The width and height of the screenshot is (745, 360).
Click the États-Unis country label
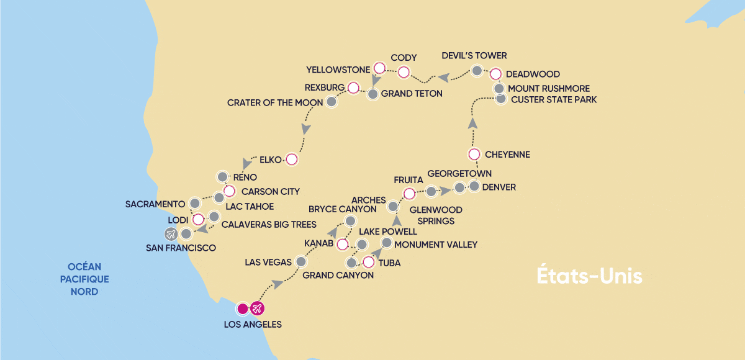pos(589,277)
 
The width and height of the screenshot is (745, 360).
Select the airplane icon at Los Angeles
pos(258,308)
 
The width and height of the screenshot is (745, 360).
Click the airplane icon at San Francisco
pos(171,234)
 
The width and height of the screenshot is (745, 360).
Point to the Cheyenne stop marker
pos(474,154)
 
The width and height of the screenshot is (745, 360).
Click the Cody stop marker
pos(404,72)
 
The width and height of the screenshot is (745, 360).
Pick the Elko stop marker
pos(291,160)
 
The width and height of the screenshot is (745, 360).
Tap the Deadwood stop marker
pos(495,74)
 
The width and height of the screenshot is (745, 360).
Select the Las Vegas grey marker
pos(301,263)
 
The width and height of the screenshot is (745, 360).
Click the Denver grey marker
pos(474,186)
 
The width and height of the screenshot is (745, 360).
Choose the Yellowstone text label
pos(338,69)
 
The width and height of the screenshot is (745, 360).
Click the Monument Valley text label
pos(436,245)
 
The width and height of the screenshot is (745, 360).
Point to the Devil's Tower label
pos(474,56)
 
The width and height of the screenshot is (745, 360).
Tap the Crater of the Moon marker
pos(332,101)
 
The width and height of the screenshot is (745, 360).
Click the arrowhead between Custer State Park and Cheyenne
pos(472,123)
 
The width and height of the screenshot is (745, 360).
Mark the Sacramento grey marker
pos(195,203)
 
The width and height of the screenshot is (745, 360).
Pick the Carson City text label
pos(270,191)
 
